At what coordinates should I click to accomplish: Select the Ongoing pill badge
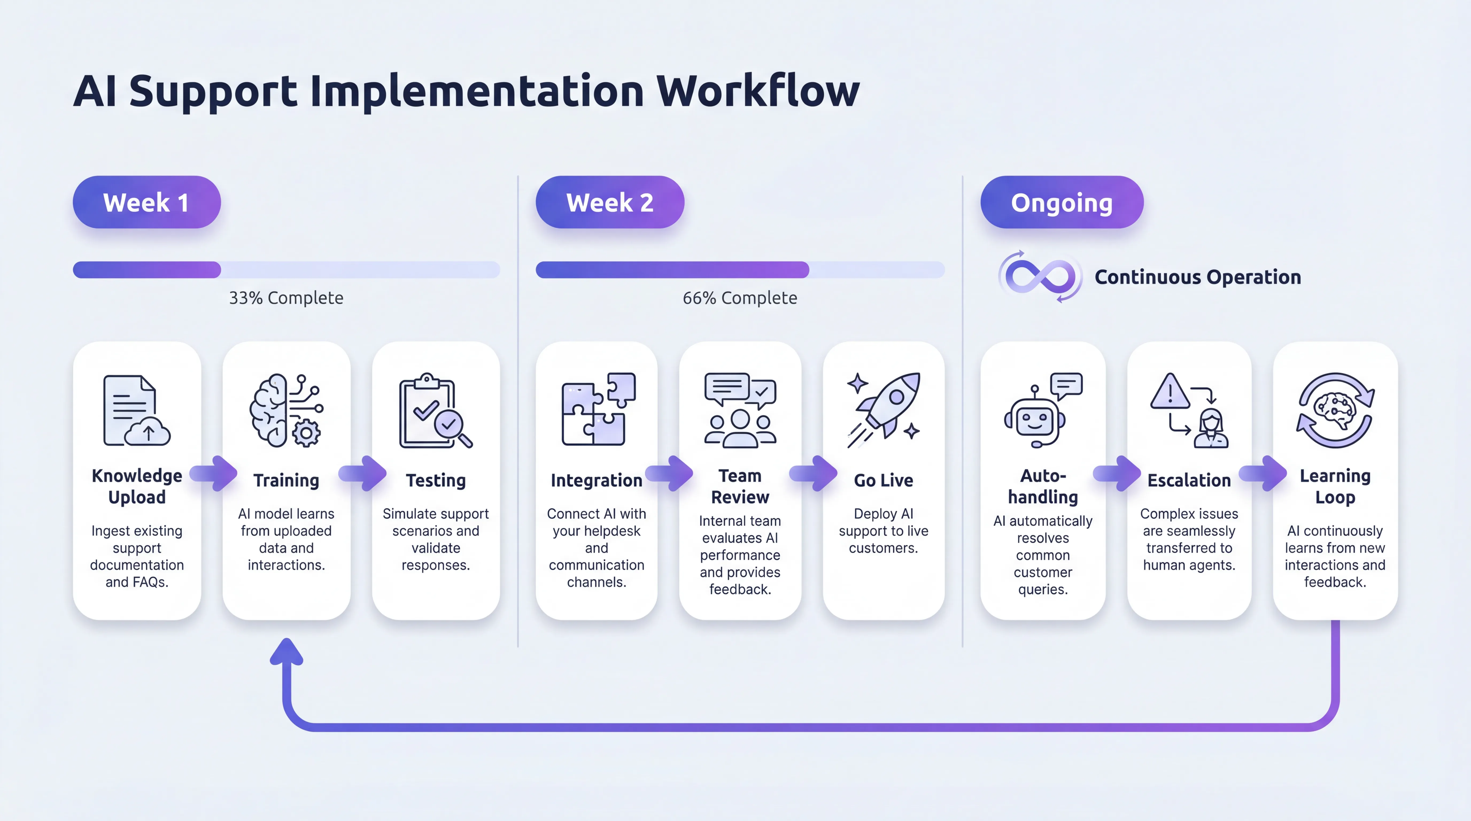point(1062,203)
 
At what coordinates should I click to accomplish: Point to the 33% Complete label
point(286,298)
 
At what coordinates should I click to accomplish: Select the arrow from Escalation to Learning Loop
point(1263,473)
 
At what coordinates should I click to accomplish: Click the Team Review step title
point(740,486)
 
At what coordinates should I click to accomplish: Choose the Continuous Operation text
point(1198,277)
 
